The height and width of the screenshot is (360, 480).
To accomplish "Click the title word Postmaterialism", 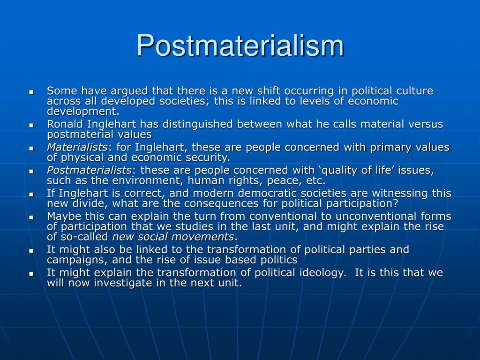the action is point(240,45).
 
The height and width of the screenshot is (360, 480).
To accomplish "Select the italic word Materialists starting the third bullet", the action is point(77,147).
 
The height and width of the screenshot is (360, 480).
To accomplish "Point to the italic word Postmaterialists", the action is point(89,170).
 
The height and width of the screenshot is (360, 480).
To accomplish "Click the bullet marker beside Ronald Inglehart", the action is point(31,125).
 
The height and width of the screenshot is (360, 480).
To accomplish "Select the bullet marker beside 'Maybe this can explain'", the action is point(31,217).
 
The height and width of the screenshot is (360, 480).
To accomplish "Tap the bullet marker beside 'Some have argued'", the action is point(31,92).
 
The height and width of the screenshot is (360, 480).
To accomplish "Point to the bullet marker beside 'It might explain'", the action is point(31,274).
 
